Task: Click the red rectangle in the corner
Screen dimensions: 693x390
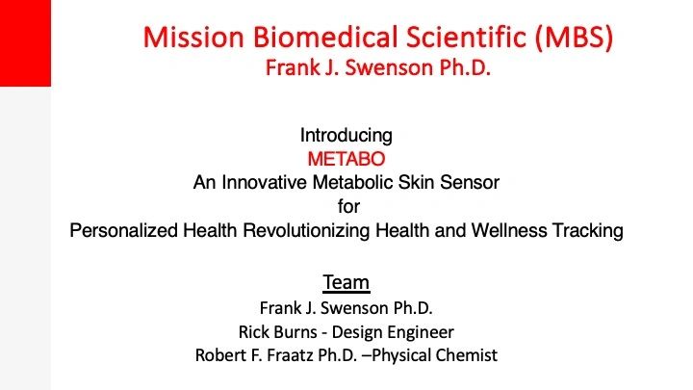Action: click(x=25, y=43)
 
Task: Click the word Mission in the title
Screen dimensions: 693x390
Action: click(x=193, y=37)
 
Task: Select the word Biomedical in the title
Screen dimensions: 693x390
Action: click(x=325, y=37)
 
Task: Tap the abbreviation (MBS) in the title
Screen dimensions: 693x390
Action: click(x=574, y=38)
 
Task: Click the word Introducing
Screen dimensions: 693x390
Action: click(x=346, y=136)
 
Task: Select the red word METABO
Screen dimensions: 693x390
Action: click(x=346, y=159)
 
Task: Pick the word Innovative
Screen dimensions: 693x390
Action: click(x=264, y=182)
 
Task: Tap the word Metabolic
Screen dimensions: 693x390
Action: click(x=353, y=182)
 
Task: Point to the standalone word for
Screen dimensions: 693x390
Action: click(x=348, y=206)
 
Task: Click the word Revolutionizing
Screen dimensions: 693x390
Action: click(x=306, y=231)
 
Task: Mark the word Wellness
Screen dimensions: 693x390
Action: click(x=509, y=230)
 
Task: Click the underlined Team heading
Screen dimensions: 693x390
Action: click(x=346, y=282)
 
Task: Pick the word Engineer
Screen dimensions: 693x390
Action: click(x=423, y=332)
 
